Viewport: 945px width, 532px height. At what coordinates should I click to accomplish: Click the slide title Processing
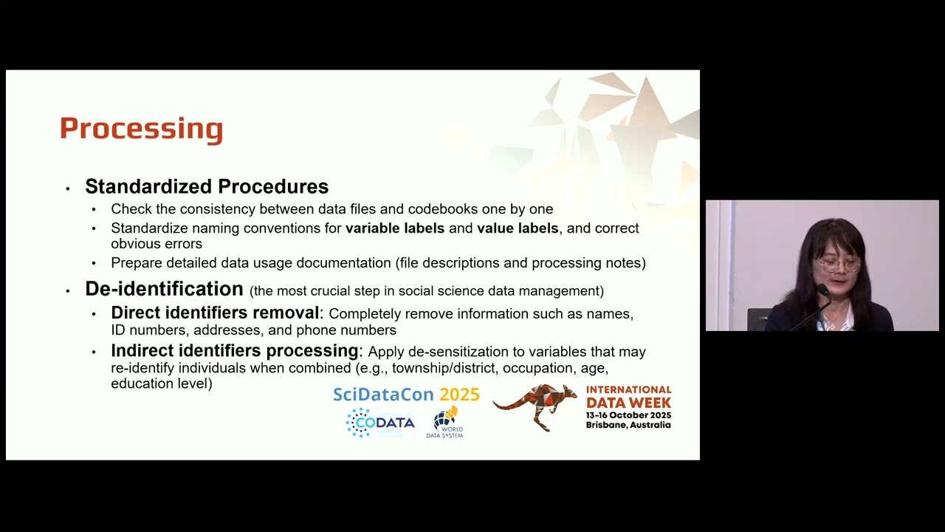pyautogui.click(x=141, y=129)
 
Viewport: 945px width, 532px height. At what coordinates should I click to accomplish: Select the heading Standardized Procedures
pyautogui.click(x=207, y=186)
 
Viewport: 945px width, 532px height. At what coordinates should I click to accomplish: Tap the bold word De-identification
pyautogui.click(x=164, y=289)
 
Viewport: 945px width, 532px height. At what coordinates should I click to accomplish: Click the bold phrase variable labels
pyautogui.click(x=395, y=228)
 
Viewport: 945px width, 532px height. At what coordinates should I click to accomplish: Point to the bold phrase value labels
pyautogui.click(x=518, y=228)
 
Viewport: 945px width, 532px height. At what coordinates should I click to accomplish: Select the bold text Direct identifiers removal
pyautogui.click(x=215, y=313)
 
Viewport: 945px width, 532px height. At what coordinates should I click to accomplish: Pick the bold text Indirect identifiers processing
pyautogui.click(x=234, y=351)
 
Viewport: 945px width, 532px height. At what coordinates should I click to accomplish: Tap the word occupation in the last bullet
pyautogui.click(x=538, y=368)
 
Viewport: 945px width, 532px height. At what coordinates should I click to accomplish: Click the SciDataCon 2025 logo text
pyautogui.click(x=406, y=395)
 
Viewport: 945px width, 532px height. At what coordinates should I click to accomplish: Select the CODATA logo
pyautogui.click(x=380, y=423)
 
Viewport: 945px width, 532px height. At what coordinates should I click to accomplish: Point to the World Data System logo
pyautogui.click(x=445, y=423)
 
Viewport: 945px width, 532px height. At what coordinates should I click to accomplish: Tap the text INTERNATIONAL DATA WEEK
pyautogui.click(x=628, y=396)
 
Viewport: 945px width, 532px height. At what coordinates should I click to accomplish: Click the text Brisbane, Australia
pyautogui.click(x=628, y=426)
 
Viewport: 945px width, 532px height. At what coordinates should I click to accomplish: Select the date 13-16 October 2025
pyautogui.click(x=628, y=415)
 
